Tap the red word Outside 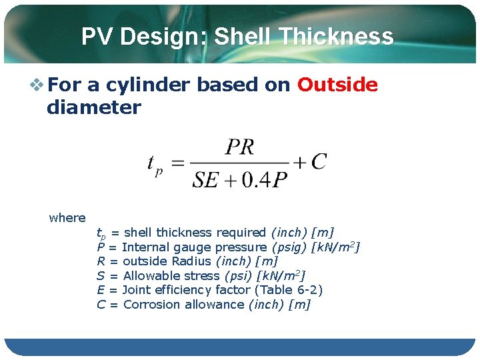coord(337,85)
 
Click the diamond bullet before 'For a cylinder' coord(37,85)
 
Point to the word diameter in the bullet coord(93,107)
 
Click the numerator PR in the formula coord(239,147)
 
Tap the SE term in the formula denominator coord(206,180)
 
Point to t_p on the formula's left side coord(155,164)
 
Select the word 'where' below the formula coord(67,218)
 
